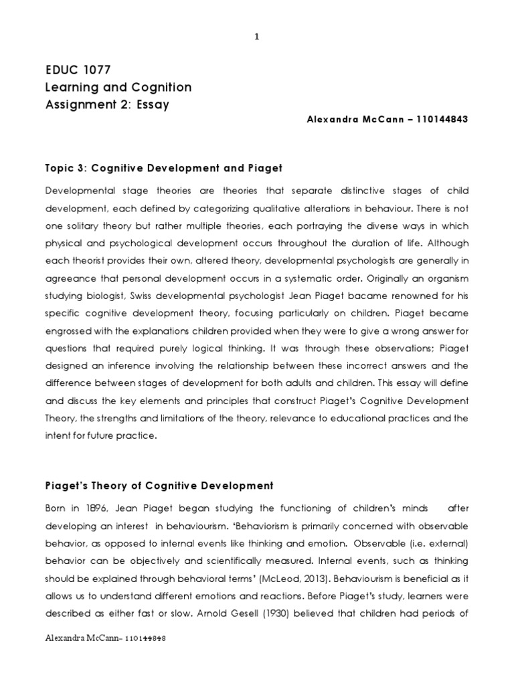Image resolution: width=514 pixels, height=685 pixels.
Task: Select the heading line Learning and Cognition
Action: (118, 87)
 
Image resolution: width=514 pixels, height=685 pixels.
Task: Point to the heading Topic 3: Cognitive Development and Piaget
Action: (159, 167)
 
